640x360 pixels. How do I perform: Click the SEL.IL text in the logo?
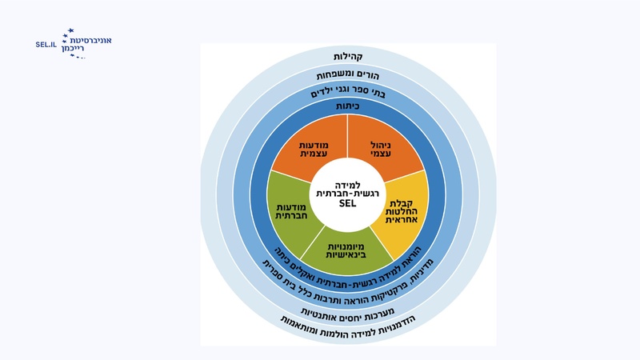pos(46,45)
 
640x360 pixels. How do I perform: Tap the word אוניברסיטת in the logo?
pos(91,39)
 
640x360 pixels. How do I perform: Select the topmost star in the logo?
pos(70,30)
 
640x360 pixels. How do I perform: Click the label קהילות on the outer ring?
pos(347,57)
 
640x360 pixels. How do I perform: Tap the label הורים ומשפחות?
pos(347,75)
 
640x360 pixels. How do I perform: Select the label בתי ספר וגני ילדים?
pos(347,93)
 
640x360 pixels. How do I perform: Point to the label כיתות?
pos(347,106)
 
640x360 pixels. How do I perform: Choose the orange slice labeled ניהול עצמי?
pos(387,149)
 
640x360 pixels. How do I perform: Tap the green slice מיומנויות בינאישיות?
pos(347,252)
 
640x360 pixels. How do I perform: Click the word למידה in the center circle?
pos(347,185)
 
